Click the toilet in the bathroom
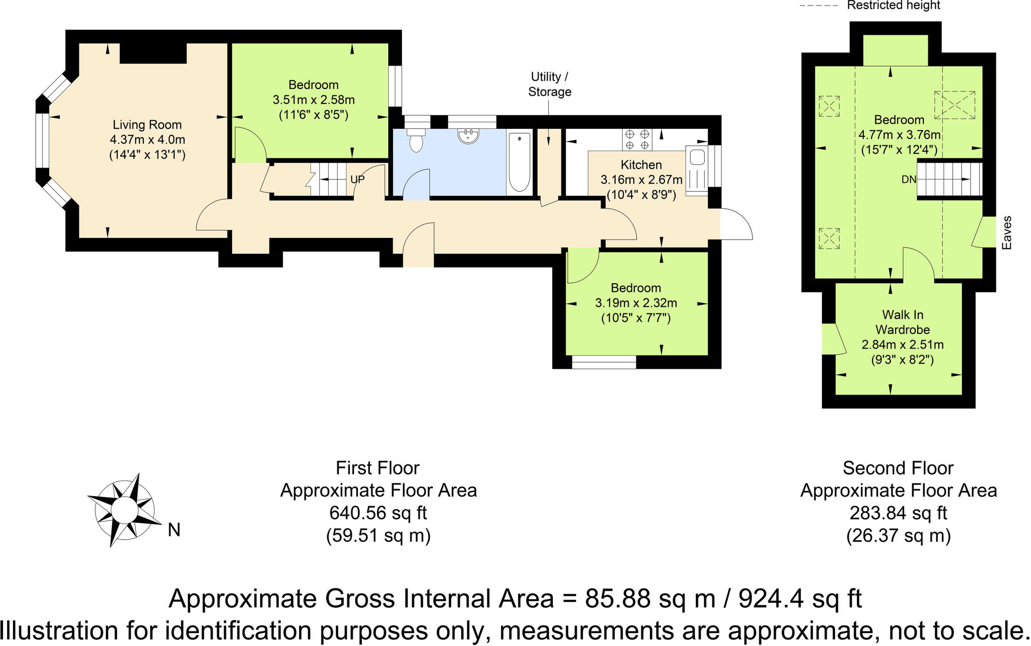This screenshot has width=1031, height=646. [x=416, y=141]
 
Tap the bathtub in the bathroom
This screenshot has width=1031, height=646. [x=520, y=161]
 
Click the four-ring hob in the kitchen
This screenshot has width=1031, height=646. [x=637, y=139]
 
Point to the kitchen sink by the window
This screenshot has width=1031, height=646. [x=697, y=157]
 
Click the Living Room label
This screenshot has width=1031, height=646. [x=147, y=125]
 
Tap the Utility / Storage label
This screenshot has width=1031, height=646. [x=549, y=84]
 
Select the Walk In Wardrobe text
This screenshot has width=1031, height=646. [x=902, y=322]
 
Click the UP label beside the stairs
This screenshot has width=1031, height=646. [x=357, y=180]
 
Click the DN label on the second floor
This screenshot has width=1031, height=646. [x=909, y=180]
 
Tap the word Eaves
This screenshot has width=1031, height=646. [x=1006, y=233]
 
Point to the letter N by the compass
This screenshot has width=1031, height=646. [x=174, y=530]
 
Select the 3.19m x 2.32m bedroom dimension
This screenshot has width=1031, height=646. [x=636, y=303]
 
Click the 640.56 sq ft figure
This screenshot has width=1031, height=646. [x=378, y=513]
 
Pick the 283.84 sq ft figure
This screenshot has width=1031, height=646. [x=898, y=513]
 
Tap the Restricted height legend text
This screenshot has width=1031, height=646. [x=893, y=6]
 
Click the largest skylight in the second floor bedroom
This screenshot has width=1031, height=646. [x=954, y=105]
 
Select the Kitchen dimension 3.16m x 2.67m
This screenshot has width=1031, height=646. [x=641, y=180]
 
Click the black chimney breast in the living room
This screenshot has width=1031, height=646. [x=153, y=53]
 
